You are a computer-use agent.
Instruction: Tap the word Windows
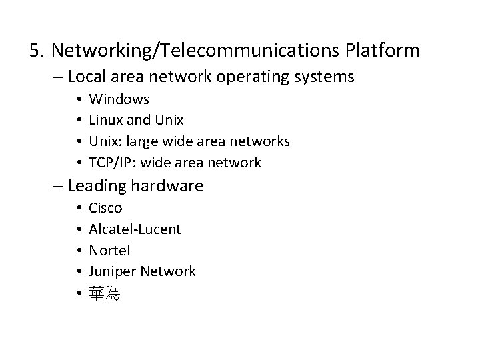[119, 99]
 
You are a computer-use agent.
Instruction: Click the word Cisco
[105, 208]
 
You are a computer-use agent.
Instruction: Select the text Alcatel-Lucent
[135, 229]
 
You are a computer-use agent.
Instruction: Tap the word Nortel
[109, 251]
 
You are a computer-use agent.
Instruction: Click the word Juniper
[113, 271]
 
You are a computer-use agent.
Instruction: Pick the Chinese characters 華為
[105, 293]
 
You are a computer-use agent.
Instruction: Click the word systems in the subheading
[325, 77]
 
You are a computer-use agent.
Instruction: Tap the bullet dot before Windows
[77, 100]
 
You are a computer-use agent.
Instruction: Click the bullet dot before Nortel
[77, 251]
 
